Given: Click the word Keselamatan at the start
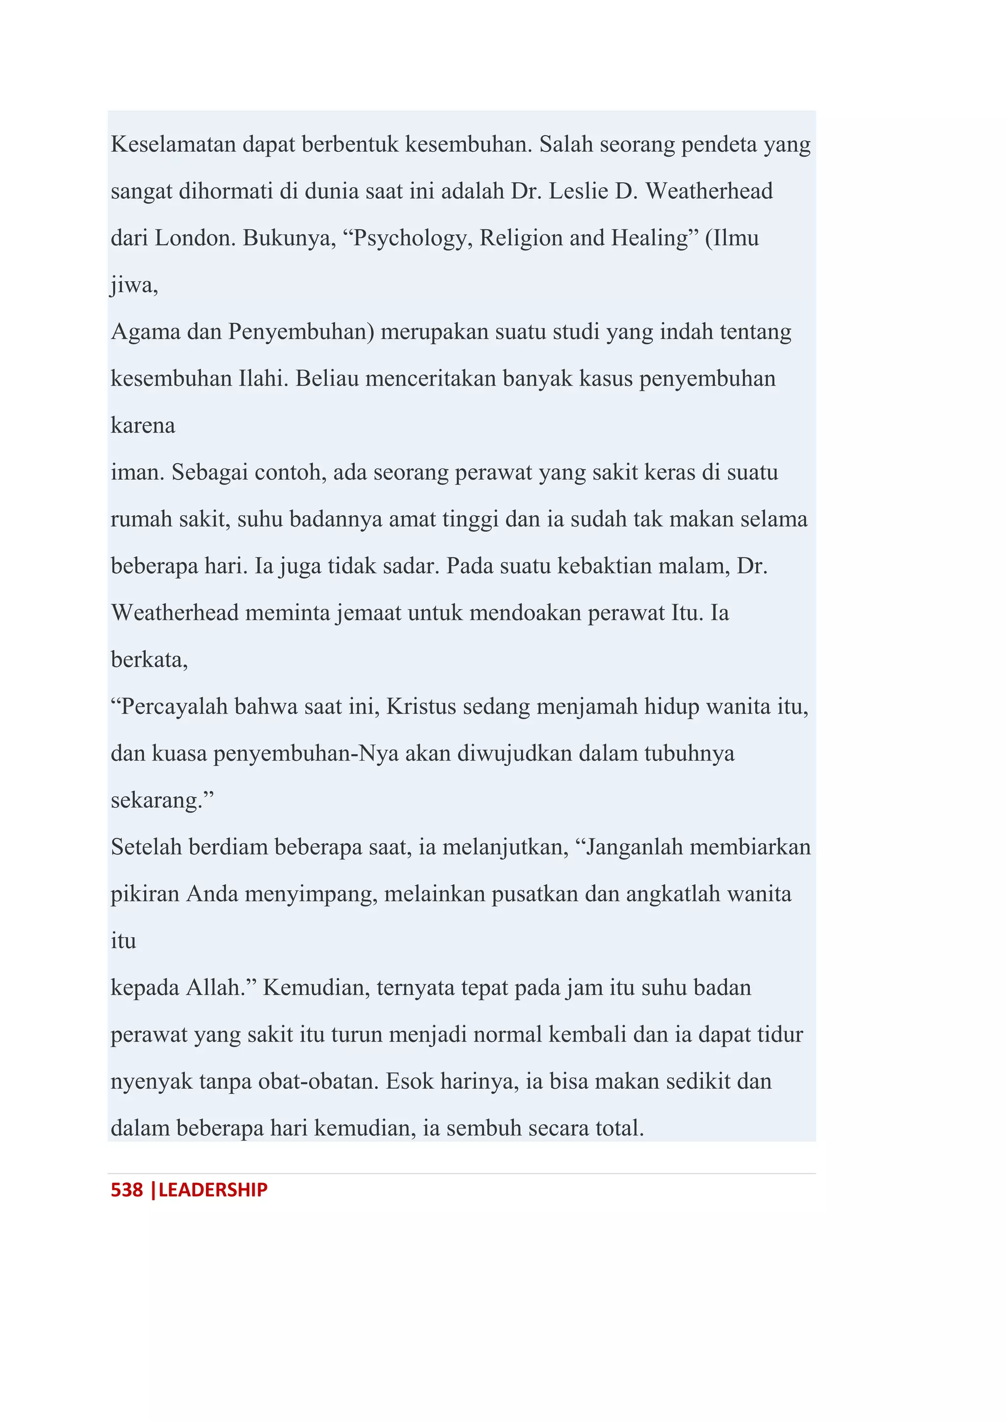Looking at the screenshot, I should coord(173,144).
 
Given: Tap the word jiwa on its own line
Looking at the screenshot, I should coord(133,285).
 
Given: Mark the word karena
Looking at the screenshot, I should coord(143,425).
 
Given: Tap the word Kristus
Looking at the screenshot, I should coord(421,707).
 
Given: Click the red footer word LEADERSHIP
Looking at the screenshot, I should coord(213,1189).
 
